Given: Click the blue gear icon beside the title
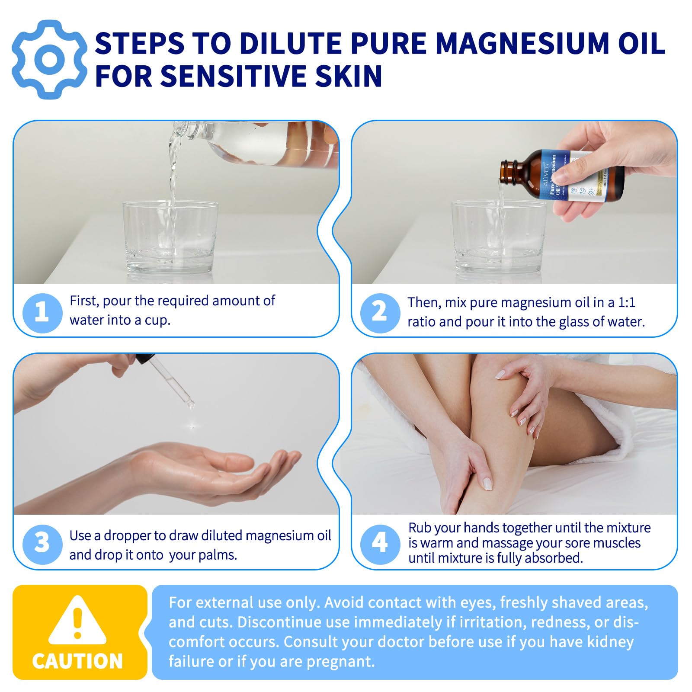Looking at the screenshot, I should click(x=49, y=60).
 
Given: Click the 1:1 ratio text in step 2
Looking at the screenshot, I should click(x=626, y=302).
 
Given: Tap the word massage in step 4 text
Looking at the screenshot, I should click(x=503, y=543).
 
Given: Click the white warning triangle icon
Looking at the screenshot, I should click(x=77, y=621).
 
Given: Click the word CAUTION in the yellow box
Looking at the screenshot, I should click(x=77, y=661).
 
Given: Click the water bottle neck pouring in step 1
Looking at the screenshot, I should click(x=186, y=128).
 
